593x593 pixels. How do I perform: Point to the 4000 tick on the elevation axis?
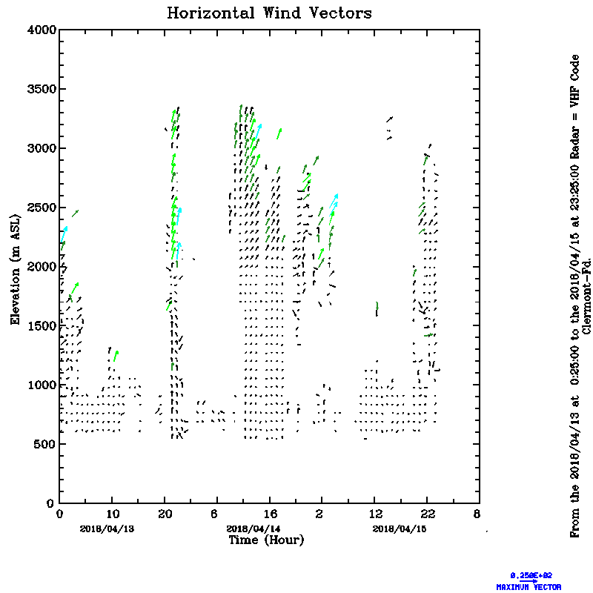pyautogui.click(x=42, y=30)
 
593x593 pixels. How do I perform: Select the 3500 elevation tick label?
pyautogui.click(x=42, y=89)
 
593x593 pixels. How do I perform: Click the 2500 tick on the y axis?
pyautogui.click(x=42, y=208)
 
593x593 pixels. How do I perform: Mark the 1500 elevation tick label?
pyautogui.click(x=42, y=326)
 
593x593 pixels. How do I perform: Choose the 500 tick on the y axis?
pyautogui.click(x=45, y=445)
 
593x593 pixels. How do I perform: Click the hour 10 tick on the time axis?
pyautogui.click(x=112, y=513)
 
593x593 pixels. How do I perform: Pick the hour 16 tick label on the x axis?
pyautogui.click(x=269, y=513)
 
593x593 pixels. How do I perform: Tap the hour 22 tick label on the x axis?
pyautogui.click(x=426, y=513)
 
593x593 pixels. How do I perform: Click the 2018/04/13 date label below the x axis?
pyautogui.click(x=100, y=529)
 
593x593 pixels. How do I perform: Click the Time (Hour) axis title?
pyautogui.click(x=265, y=540)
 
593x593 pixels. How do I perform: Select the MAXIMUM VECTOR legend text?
pyautogui.click(x=529, y=586)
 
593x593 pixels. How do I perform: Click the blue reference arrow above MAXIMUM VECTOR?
pyautogui.click(x=529, y=580)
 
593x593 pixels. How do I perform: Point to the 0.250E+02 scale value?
pyautogui.click(x=531, y=574)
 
